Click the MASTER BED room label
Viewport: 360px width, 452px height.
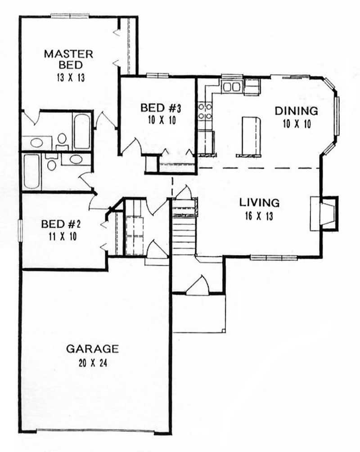point(68,59)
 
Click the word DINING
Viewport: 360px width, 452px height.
point(296,111)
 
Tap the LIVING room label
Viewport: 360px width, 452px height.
point(259,202)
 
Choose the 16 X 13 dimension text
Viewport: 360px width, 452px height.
point(259,215)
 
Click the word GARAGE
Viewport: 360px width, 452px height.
point(92,349)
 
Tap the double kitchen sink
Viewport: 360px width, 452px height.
point(232,86)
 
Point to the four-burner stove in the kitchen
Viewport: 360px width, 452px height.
point(206,111)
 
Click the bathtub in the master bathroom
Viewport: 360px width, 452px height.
point(81,131)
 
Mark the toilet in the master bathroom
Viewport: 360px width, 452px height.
point(62,140)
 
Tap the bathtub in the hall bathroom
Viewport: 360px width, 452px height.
point(31,171)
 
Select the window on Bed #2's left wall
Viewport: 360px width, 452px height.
point(20,233)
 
